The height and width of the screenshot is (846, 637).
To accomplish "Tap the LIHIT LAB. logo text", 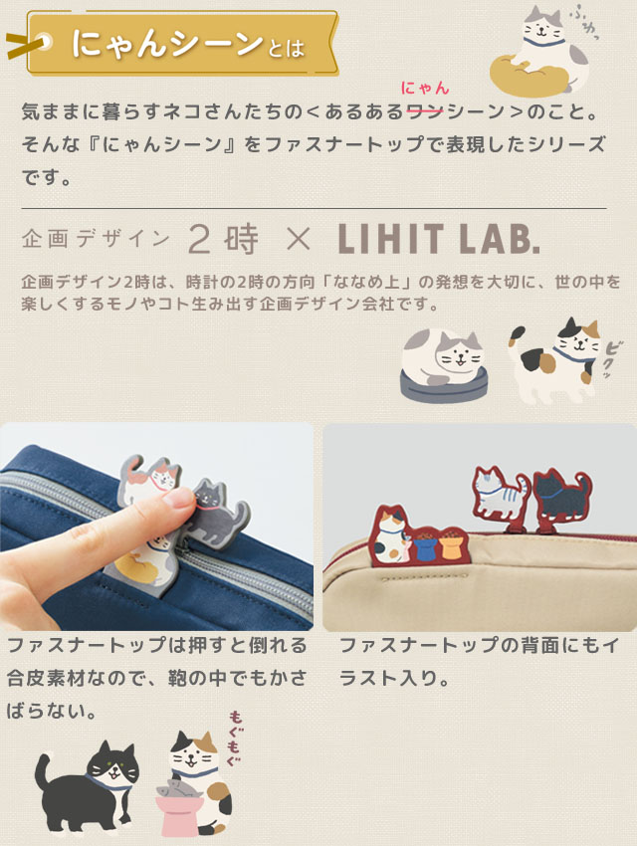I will (x=439, y=239).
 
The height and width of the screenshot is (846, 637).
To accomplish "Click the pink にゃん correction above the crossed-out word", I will (x=424, y=90).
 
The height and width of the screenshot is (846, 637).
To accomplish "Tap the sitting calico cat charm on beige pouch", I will (x=391, y=540).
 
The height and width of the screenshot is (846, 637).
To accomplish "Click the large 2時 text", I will (x=223, y=239).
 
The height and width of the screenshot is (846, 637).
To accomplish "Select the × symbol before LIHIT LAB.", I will (x=298, y=239).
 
